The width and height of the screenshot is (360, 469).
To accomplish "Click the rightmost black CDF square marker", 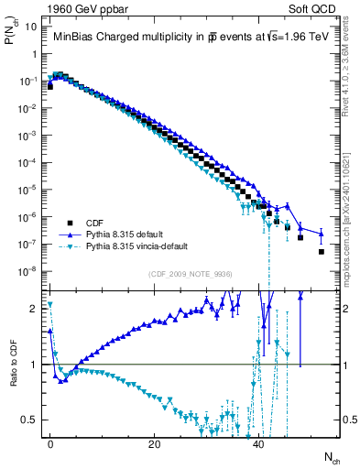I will [x=322, y=251].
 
